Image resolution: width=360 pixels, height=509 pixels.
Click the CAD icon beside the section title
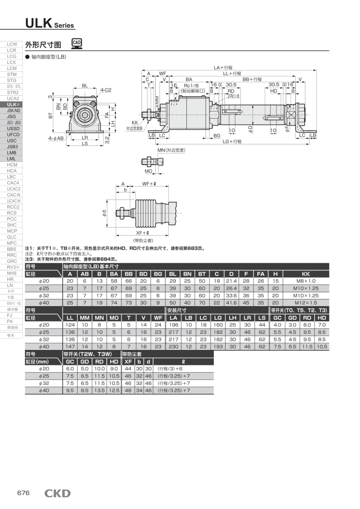coord(76,43)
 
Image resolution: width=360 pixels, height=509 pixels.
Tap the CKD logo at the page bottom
coord(57,493)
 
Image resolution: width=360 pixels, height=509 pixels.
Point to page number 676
coord(23,493)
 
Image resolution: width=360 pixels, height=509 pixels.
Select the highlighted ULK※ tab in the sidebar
coord(12,104)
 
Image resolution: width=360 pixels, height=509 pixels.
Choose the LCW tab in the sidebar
coord(12,44)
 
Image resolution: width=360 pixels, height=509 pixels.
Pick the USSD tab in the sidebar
coord(12,128)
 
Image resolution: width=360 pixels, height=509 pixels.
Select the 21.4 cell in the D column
coord(232,281)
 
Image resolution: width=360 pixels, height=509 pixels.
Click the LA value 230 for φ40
coord(173,347)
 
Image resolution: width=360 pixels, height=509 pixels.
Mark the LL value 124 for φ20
coord(70,324)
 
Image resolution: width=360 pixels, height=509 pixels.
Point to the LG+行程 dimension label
coord(232,142)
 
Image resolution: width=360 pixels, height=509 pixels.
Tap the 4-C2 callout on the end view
coord(106,90)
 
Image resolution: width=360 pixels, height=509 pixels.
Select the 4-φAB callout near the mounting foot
coord(56,138)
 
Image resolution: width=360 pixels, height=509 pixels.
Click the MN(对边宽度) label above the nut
coord(171,150)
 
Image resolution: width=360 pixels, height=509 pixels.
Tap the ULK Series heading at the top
coord(49,24)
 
